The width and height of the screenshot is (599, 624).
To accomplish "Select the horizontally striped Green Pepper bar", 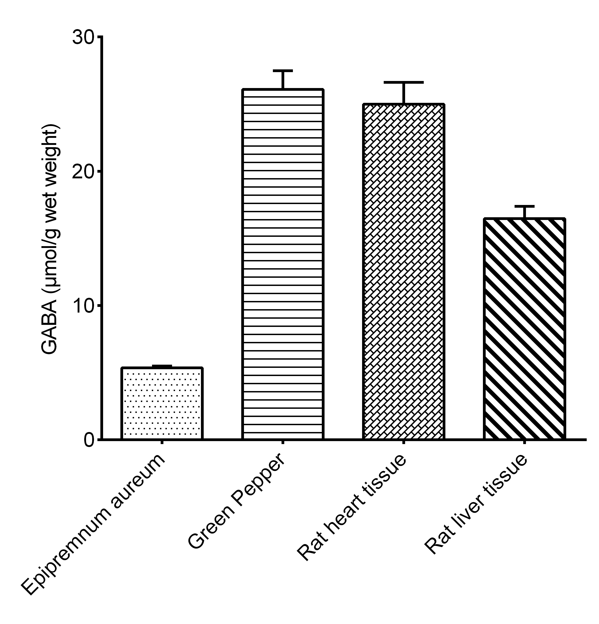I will [282, 264].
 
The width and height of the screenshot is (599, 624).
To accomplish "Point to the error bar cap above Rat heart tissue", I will [404, 82].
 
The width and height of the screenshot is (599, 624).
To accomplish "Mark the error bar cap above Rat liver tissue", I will [524, 206].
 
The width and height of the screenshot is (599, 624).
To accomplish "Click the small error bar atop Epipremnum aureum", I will [162, 366].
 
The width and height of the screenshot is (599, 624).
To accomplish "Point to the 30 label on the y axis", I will [84, 38].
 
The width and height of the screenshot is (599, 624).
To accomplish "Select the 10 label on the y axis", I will [84, 306].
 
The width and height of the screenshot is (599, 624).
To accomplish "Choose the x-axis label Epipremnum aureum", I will [94, 525].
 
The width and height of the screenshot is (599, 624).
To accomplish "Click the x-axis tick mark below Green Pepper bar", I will [282, 442].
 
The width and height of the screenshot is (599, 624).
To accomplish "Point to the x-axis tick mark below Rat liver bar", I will [524, 442].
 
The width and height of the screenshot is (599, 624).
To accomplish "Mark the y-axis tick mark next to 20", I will [99, 172].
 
